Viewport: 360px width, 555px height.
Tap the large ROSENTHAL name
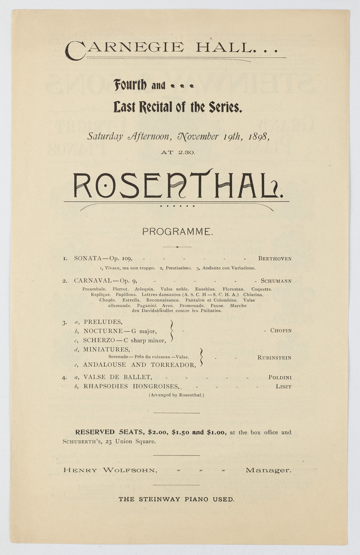click(177, 184)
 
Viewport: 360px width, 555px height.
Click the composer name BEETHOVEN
click(275, 259)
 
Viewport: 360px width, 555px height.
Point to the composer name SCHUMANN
click(276, 281)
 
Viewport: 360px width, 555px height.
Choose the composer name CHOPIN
click(281, 330)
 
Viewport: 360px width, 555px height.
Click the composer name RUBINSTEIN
click(274, 358)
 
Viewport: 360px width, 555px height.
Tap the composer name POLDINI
click(280, 377)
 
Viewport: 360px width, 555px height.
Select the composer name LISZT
click(283, 387)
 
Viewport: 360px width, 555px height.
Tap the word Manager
click(268, 470)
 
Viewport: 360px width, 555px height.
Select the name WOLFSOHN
click(130, 470)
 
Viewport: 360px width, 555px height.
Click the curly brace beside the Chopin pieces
click(171, 330)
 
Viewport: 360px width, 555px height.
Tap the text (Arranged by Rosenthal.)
click(176, 395)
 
